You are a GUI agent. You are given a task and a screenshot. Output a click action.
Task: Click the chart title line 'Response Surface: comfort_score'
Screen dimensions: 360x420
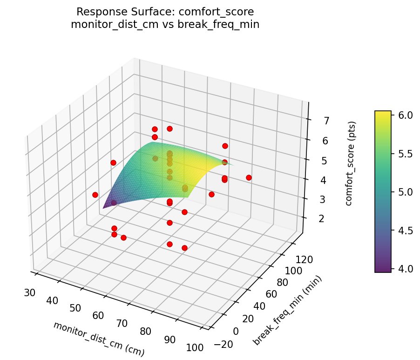point(165,12)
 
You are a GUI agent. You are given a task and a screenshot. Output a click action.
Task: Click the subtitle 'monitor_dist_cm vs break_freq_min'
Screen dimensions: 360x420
point(165,25)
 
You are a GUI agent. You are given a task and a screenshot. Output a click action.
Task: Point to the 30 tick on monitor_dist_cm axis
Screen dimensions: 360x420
point(30,292)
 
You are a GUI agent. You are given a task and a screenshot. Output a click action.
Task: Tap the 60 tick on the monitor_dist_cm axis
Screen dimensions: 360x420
point(98,315)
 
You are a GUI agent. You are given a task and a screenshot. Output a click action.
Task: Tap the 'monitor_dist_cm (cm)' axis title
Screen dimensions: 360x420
point(99,339)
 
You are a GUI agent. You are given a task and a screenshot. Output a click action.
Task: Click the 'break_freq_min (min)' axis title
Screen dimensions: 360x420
point(287,311)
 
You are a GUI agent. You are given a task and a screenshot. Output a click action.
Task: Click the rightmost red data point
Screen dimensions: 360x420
point(249,177)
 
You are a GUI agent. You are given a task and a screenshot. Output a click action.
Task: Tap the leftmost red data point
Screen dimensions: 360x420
point(95,195)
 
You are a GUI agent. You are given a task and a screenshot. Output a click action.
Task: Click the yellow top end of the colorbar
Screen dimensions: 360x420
point(383,113)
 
